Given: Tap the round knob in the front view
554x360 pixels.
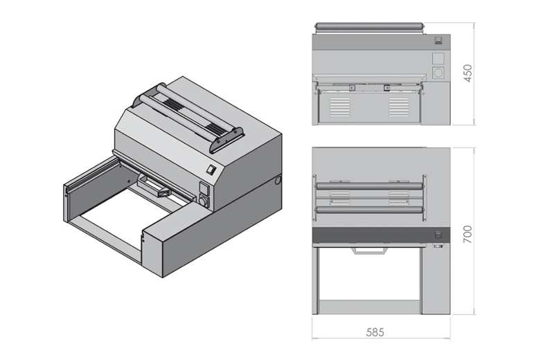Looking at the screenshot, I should coord(438,72).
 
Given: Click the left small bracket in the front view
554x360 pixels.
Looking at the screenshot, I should coord(352,87).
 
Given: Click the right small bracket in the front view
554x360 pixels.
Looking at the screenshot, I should coord(387,87).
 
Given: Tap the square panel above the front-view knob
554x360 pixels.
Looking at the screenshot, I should coord(438,57).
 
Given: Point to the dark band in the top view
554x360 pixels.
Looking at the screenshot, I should coord(374,235).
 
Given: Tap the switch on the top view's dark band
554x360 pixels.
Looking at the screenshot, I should coord(438,235).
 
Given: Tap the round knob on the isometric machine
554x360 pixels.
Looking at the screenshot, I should coord(204,201).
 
